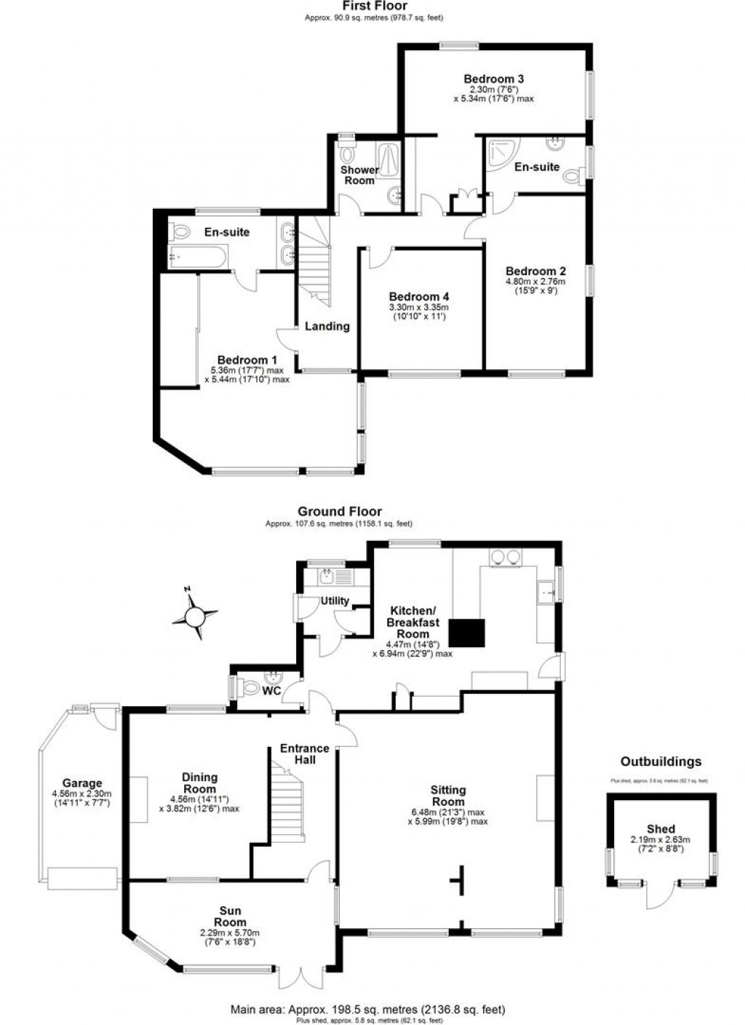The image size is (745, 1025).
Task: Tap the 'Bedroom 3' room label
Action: (x=494, y=79)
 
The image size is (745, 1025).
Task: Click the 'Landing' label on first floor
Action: (x=327, y=326)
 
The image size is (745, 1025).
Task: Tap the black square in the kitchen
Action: (x=466, y=633)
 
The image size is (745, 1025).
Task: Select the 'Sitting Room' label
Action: (x=447, y=796)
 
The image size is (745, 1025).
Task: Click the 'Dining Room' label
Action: (x=199, y=783)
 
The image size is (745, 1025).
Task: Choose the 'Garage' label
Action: (x=81, y=783)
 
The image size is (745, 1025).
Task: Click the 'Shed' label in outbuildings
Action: (x=661, y=828)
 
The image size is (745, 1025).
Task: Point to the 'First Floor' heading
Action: (x=375, y=6)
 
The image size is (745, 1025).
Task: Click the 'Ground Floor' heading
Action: (x=339, y=512)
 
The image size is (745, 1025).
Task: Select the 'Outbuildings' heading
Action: (x=661, y=761)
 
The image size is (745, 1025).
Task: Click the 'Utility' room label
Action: (x=335, y=601)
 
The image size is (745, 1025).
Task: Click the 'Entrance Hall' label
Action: (x=305, y=753)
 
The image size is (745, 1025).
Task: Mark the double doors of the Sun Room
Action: (x=300, y=977)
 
